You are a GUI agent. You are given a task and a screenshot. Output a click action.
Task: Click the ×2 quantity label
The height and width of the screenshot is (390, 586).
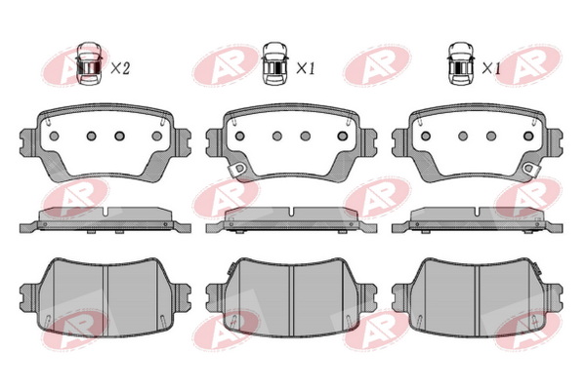[120, 68]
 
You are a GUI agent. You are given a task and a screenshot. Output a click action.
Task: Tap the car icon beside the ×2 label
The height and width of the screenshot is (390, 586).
[89, 63]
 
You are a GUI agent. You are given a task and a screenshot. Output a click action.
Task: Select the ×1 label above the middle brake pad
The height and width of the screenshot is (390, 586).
[306, 68]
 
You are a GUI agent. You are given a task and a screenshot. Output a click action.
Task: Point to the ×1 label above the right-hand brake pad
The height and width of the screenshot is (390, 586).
[491, 68]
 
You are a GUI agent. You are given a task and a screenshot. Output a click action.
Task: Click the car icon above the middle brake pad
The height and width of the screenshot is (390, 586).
[274, 63]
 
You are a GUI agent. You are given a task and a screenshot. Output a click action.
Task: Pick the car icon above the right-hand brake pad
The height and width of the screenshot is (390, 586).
[461, 63]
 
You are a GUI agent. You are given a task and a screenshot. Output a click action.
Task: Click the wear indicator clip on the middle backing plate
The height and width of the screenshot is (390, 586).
[238, 170]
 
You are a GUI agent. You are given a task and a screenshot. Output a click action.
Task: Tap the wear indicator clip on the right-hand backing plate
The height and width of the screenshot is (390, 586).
[530, 169]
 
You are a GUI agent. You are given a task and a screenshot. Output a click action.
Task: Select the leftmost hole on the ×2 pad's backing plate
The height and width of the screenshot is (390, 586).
[54, 136]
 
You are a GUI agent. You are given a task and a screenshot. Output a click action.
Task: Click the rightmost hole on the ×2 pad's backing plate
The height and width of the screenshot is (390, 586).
[157, 136]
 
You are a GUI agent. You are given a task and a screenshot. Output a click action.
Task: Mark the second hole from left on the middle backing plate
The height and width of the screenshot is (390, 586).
[277, 136]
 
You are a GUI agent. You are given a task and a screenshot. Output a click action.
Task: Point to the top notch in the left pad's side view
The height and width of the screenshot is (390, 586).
[105, 212]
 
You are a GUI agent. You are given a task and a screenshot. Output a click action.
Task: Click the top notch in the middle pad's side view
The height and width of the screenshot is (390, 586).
[291, 212]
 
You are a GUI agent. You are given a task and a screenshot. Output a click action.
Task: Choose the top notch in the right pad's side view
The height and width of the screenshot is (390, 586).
[478, 212]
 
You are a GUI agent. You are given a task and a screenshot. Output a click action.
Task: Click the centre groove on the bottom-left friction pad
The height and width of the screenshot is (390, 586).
[105, 301]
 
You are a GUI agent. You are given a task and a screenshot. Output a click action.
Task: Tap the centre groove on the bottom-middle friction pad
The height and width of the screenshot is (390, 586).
[291, 301]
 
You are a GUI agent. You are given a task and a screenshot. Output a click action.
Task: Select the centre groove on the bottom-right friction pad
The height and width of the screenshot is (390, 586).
[478, 301]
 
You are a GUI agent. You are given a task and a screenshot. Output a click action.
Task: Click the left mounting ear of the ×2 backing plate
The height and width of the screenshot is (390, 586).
[28, 142]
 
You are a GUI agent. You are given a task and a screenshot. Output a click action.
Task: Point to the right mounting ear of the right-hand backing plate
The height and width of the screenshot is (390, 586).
[554, 142]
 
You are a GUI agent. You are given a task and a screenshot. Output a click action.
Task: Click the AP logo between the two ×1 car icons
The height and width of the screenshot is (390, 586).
[377, 65]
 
